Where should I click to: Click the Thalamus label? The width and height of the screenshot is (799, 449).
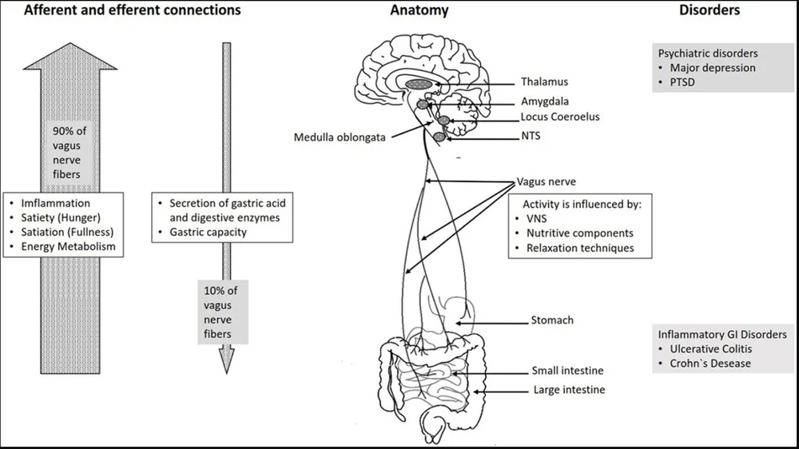(x=544, y=81)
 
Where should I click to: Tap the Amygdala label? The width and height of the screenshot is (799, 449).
(x=545, y=101)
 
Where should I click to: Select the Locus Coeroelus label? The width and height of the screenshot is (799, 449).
(x=560, y=117)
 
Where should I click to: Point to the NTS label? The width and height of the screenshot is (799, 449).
(x=531, y=136)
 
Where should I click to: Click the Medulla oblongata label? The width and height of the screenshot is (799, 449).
(x=340, y=137)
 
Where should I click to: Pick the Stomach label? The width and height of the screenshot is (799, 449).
(x=552, y=320)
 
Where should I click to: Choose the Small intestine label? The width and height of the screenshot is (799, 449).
(x=567, y=371)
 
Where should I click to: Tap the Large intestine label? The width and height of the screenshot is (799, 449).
(x=569, y=390)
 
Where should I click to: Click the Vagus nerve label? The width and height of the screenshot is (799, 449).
(x=547, y=182)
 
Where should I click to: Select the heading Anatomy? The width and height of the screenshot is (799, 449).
(x=419, y=10)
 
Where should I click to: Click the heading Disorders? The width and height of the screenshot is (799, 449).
(x=710, y=10)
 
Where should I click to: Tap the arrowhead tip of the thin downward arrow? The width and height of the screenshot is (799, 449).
(x=226, y=374)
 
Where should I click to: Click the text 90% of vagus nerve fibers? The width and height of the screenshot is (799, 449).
(x=70, y=153)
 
